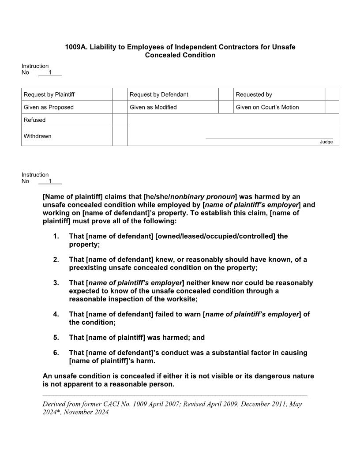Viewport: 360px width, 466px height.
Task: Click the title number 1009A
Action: [76, 47]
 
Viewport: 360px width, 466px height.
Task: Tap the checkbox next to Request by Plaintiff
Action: [120, 94]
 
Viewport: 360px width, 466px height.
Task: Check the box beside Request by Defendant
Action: [226, 94]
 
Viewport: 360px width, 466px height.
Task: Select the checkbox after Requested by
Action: [332, 94]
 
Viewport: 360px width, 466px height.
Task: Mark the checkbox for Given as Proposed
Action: [120, 107]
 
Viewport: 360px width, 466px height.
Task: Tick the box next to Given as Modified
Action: [226, 107]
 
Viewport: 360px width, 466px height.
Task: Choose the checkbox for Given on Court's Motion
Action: [332, 107]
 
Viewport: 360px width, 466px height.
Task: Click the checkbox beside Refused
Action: [120, 120]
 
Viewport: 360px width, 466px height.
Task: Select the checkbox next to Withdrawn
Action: [120, 136]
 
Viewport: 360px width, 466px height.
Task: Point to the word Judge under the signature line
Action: [326, 142]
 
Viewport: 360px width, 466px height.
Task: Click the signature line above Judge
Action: [269, 139]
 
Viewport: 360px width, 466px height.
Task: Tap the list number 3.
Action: [56, 283]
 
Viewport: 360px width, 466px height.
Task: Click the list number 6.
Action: [56, 353]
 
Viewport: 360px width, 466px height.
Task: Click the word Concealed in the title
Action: [162, 55]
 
